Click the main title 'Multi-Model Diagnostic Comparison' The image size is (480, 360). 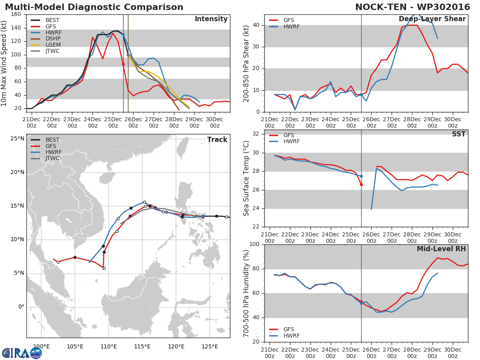[94, 7]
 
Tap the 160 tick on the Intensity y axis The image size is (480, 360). [16, 14]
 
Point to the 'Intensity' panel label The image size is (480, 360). [211, 19]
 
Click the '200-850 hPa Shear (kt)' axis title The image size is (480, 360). [247, 63]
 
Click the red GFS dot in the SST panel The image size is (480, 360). [361, 184]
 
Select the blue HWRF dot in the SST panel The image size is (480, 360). [361, 176]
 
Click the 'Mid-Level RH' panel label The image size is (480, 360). [441, 249]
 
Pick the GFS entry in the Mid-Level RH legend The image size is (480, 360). [288, 329]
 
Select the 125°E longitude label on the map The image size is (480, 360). [209, 346]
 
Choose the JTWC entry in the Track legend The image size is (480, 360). [52, 158]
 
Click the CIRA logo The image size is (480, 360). [22, 353]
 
